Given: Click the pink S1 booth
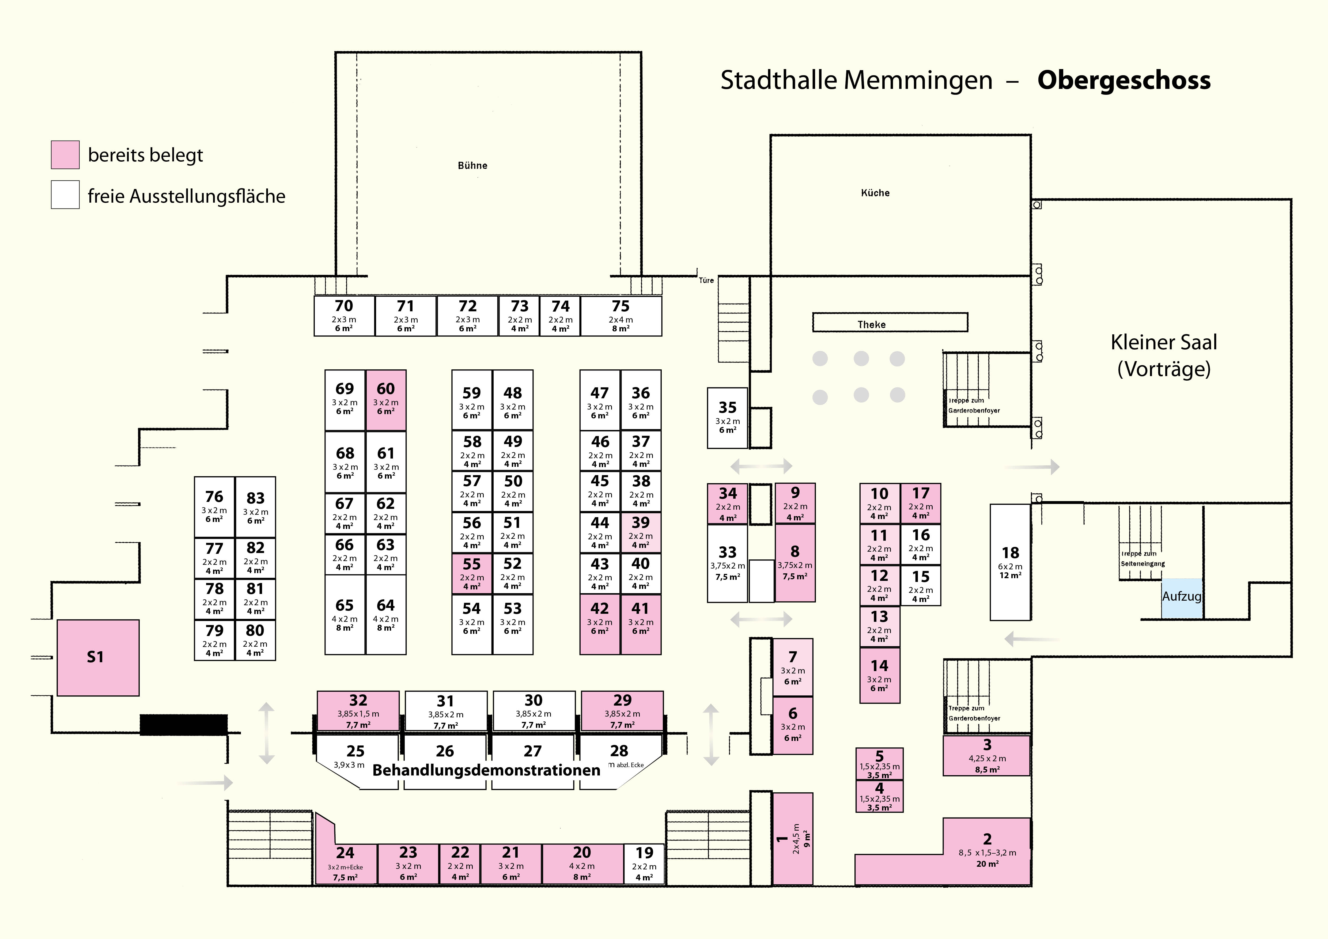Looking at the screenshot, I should pos(98,657).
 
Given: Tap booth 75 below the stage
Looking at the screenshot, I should pos(621,316).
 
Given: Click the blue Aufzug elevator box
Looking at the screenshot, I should pos(1182,597).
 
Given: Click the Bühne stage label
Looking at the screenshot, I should pos(472,165).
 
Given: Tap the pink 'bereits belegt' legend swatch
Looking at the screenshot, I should pos(65,155).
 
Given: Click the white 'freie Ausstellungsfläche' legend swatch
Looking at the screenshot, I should pos(65,195).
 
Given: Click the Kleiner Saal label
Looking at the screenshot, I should pos(1164,355).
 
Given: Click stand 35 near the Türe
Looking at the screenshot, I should pos(727,418).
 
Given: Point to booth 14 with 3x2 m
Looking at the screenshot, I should pos(879,675).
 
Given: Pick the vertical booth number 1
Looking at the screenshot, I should pos(792,838).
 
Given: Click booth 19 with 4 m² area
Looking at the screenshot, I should pos(644,864).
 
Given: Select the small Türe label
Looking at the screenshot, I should pos(706,281).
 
